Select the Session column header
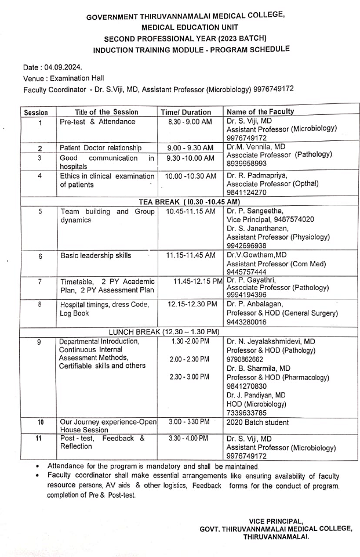click(36, 112)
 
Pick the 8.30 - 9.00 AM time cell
click(190, 121)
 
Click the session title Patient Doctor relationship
click(101, 148)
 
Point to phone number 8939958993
click(250, 164)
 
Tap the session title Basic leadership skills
click(96, 255)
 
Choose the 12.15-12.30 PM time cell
click(192, 303)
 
